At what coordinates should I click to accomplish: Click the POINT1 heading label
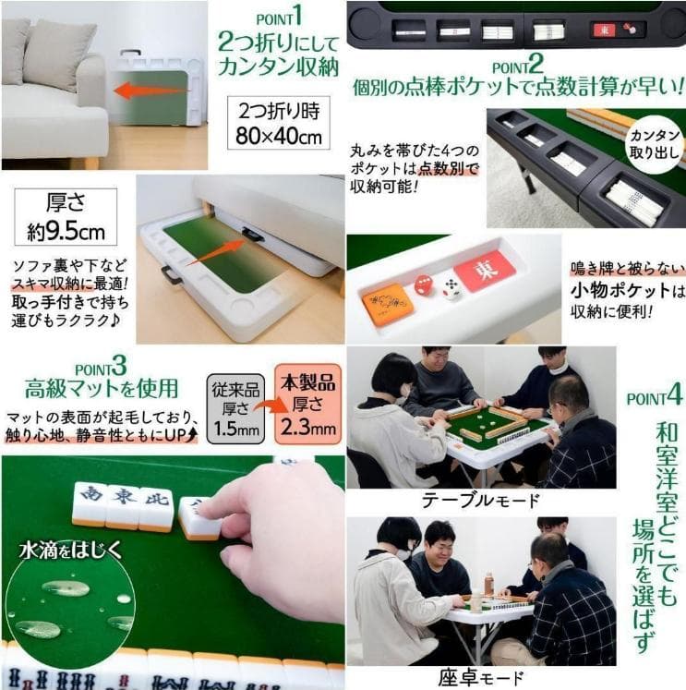tap(281, 18)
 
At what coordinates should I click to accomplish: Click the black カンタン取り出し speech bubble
tap(655, 144)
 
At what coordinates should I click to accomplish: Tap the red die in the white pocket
tap(422, 285)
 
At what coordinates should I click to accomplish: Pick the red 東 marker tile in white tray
tap(484, 271)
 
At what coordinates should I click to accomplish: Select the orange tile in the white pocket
tap(387, 302)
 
